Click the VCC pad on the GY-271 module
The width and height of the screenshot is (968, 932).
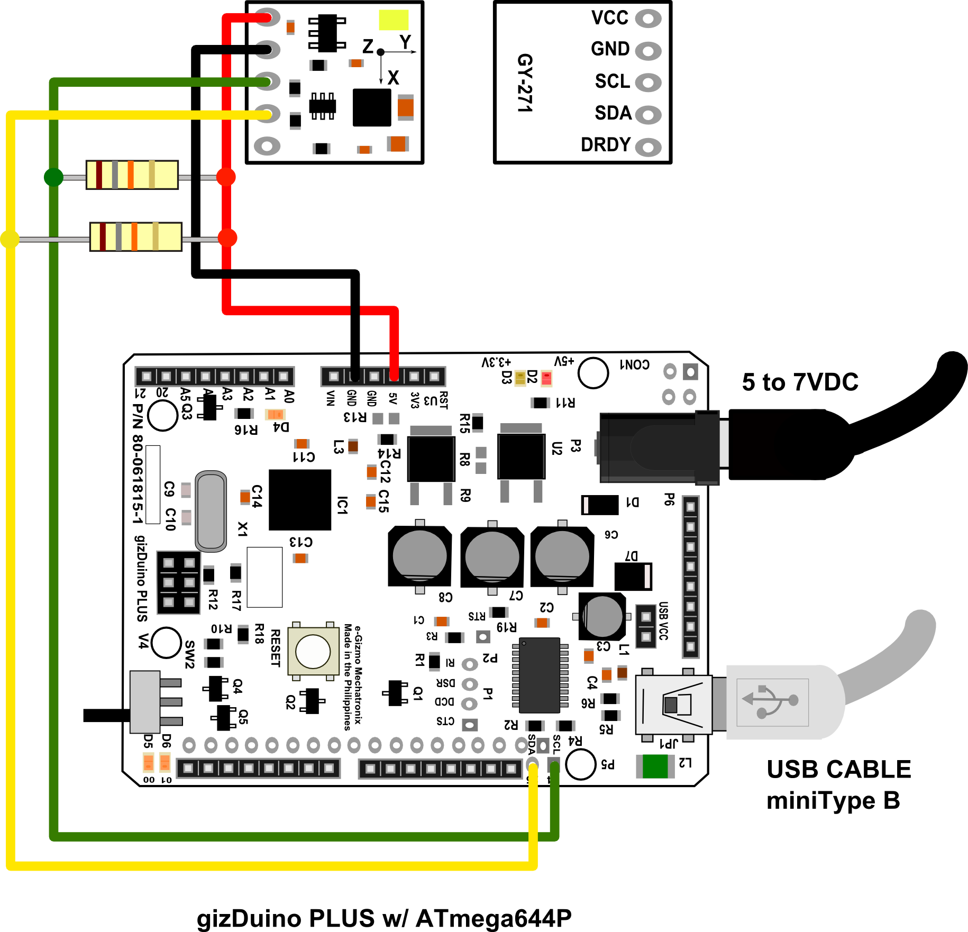tap(648, 19)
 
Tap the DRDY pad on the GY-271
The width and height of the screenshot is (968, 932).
tap(648, 147)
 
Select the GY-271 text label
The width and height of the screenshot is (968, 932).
tap(525, 83)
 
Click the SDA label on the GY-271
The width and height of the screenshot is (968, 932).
tap(613, 113)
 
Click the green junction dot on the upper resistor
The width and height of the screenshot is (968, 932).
tap(53, 177)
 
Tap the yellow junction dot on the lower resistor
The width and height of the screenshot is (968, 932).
tap(10, 239)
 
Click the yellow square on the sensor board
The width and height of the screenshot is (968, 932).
tap(394, 20)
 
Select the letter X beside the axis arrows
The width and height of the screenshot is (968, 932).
tap(393, 78)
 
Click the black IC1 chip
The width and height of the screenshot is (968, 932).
tap(300, 499)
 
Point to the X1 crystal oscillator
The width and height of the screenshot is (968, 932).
tap(211, 511)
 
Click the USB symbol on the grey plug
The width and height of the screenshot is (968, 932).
tap(772, 701)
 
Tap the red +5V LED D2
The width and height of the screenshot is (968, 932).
tap(546, 378)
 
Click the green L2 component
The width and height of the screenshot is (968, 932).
tap(655, 766)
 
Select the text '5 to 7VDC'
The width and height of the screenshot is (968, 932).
tap(800, 382)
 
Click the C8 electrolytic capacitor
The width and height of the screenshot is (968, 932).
tap(419, 556)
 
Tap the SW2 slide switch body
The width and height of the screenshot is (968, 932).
tap(145, 702)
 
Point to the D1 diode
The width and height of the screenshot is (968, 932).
tap(599, 505)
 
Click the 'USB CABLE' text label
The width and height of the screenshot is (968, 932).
tap(838, 770)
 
